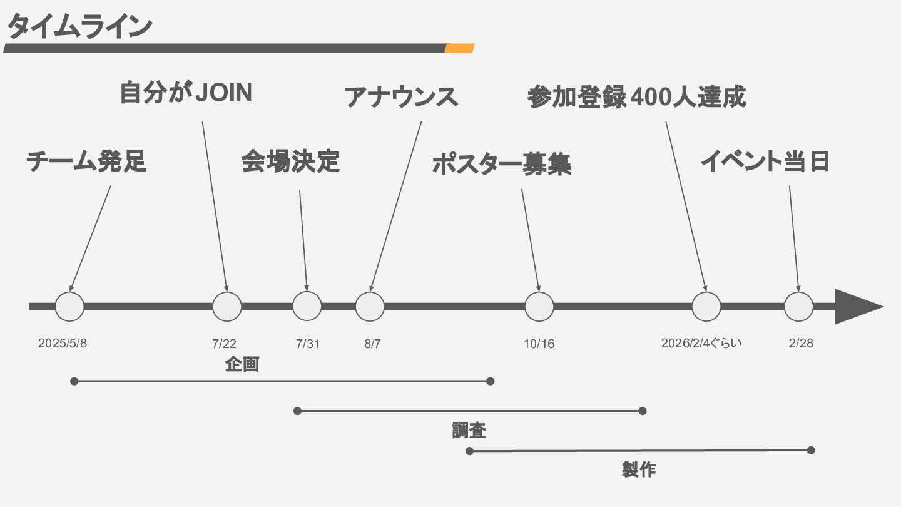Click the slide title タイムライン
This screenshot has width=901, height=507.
coord(79,26)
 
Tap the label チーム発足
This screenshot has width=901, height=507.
coord(86,161)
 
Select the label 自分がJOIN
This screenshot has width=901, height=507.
coord(186,93)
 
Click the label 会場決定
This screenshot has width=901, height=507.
coord(290,161)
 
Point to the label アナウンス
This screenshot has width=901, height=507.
coord(401,97)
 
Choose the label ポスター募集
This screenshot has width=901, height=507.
coord(501,165)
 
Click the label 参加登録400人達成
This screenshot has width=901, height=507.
coord(637,97)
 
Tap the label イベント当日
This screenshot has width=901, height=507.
coord(765,161)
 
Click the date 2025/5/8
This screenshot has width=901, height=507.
coord(63,343)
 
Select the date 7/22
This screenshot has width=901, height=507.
coord(224,344)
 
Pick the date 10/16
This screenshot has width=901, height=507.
coord(539,344)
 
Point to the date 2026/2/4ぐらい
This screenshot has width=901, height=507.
coord(701,343)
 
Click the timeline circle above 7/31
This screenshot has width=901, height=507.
coord(307,306)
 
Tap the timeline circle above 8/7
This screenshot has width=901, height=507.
coord(370,306)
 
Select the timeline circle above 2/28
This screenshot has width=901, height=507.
coord(798,306)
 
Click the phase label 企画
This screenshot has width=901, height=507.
coord(242,364)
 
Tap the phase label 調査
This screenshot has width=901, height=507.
coord(469,431)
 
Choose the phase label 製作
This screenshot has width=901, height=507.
coord(639,469)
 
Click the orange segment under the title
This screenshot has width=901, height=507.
coord(459,48)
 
